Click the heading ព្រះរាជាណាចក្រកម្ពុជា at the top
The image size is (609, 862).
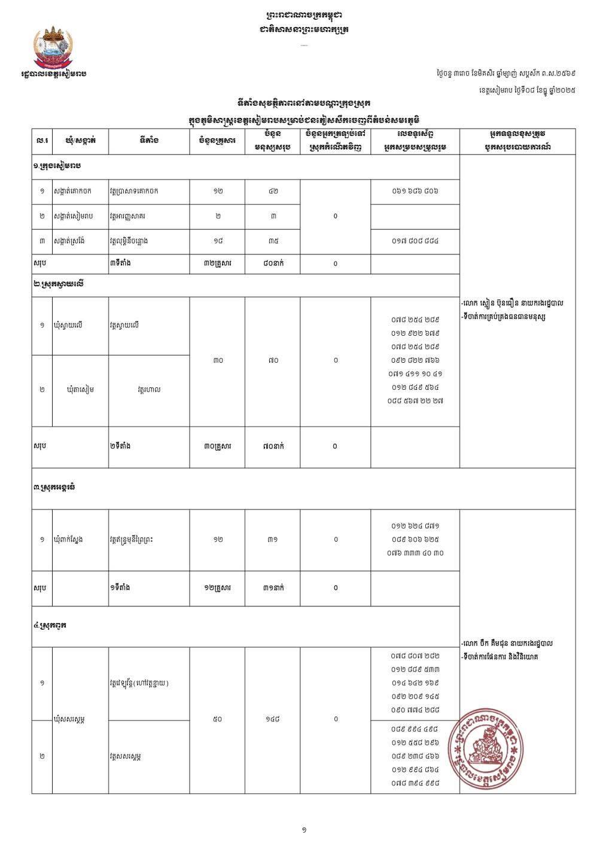coord(304,15)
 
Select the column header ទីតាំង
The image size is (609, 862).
coord(148,141)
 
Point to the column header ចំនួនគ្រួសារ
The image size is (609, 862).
coord(217,141)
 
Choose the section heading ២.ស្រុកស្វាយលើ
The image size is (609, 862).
coord(59,284)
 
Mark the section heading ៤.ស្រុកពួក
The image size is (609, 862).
coord(50,626)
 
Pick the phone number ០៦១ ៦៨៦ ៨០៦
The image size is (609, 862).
coord(415,192)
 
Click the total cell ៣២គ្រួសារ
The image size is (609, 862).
coord(217,263)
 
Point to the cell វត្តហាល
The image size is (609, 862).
coord(149,390)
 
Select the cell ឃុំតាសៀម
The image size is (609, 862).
coord(80,390)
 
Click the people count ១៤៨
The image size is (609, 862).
coord(273,719)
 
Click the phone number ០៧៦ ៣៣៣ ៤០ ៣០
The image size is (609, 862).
coord(415,553)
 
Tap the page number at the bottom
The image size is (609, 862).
coord(304,830)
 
